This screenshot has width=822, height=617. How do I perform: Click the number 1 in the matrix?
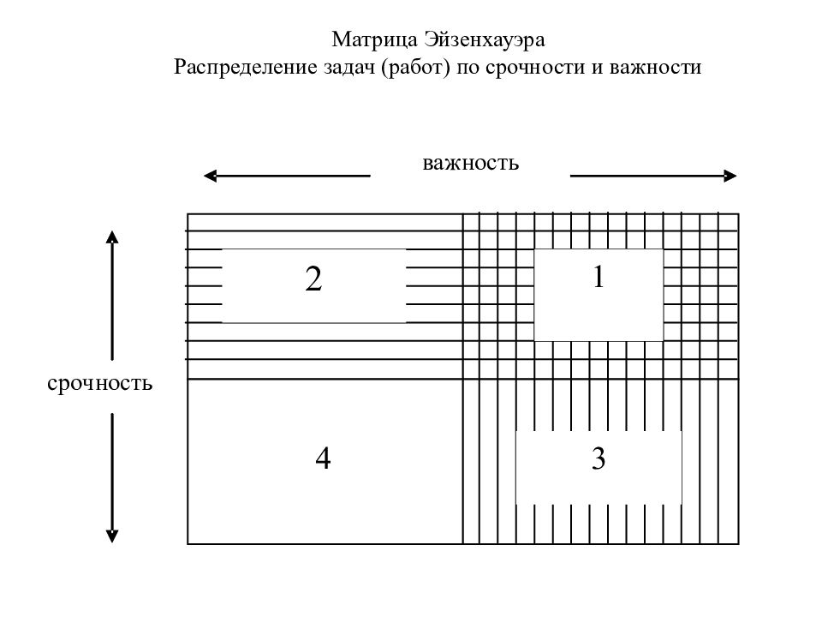coord(599,277)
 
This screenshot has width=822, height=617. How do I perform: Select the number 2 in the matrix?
coord(313,279)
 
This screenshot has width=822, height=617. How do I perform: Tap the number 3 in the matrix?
coord(599,458)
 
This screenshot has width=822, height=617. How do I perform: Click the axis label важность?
coord(470,163)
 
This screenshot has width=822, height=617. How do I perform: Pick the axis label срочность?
coord(99,383)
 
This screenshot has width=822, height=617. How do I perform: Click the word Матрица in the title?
coord(374,40)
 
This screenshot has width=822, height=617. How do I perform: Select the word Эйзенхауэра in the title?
coord(485,40)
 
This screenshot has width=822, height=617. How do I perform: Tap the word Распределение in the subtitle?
coord(246,67)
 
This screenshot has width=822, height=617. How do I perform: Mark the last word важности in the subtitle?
coord(655,67)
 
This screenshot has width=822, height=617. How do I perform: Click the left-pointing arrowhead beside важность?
coord(210,176)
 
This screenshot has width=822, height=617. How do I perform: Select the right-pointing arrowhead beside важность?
coord(730,176)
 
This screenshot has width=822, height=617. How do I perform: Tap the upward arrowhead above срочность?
coord(111,237)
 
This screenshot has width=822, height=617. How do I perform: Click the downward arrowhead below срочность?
coord(111,536)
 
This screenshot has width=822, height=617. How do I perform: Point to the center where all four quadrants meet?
coord(463,379)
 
